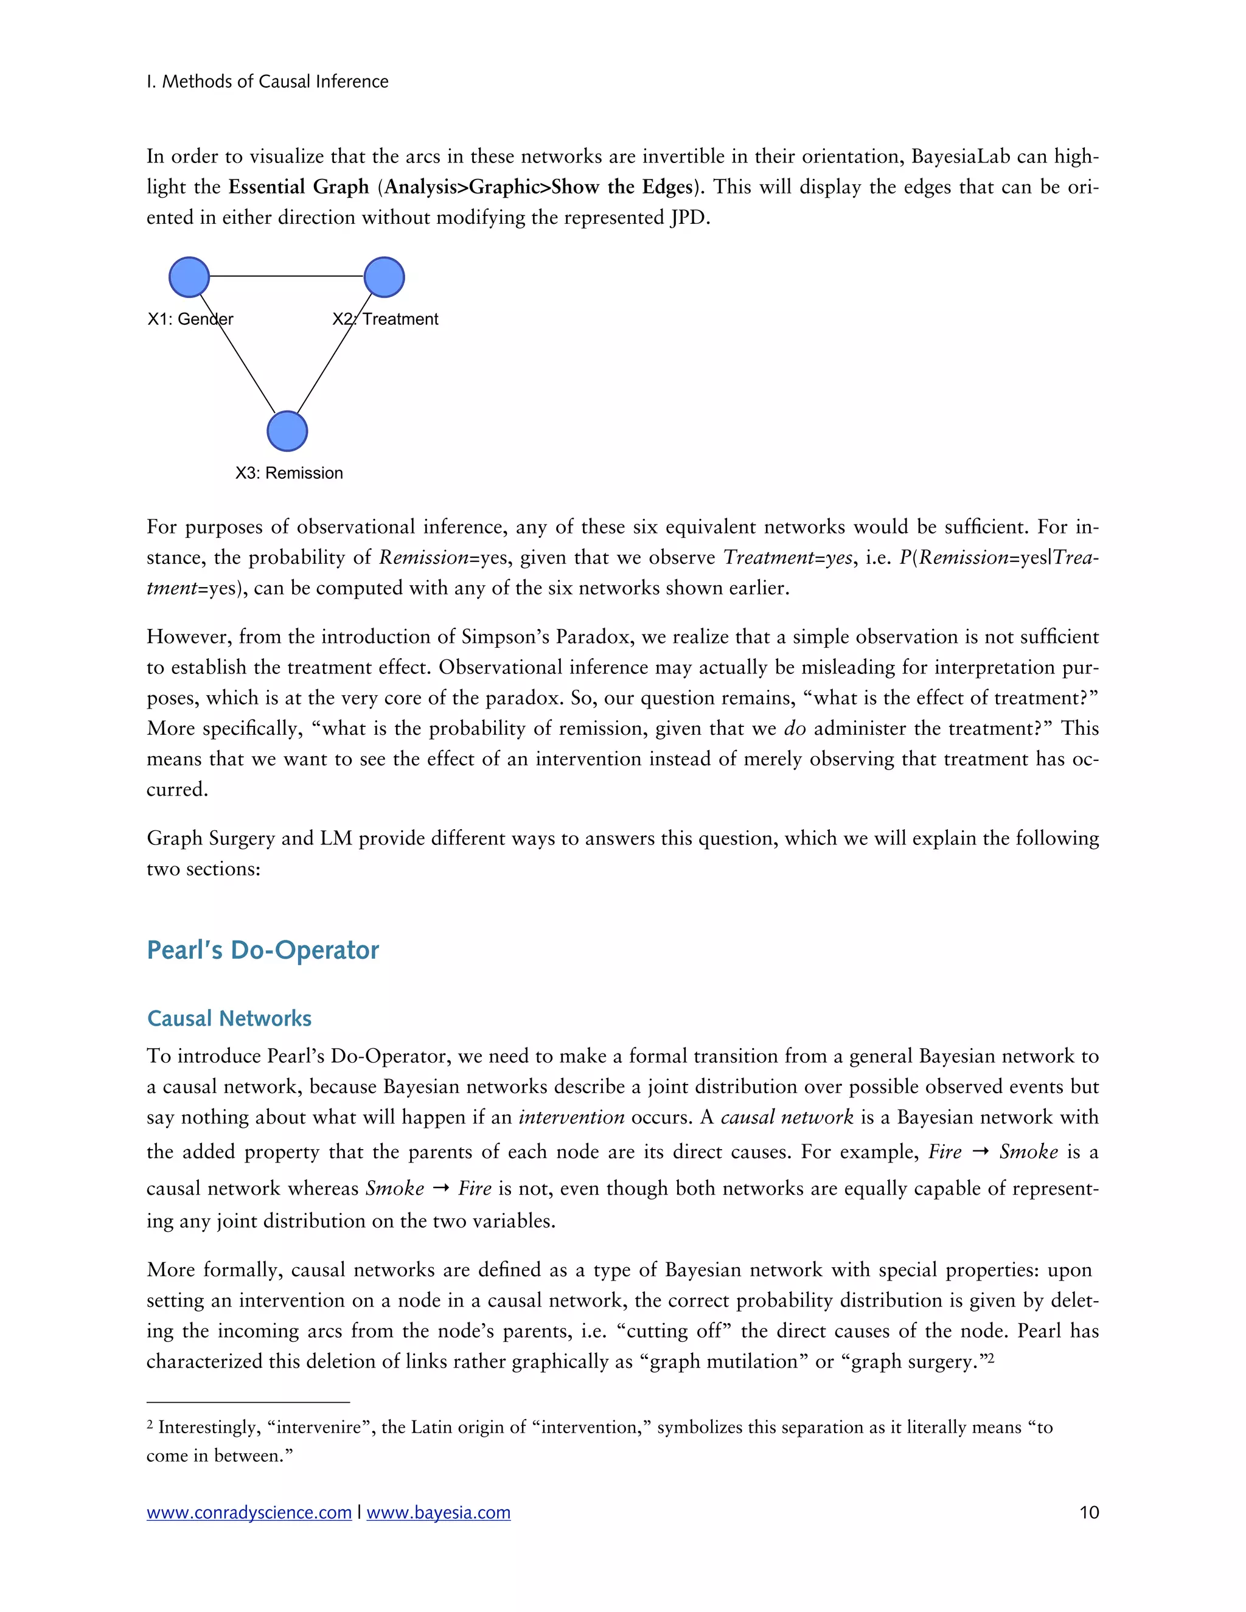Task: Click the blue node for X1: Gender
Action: point(189,277)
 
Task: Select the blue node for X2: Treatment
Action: point(384,277)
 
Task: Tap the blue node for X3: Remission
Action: point(287,431)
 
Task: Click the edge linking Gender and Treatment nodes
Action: point(287,276)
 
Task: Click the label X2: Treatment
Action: point(385,319)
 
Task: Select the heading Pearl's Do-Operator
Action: point(262,950)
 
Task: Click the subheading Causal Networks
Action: point(229,1018)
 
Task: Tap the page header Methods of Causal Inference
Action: point(267,81)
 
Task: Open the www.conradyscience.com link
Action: point(249,1512)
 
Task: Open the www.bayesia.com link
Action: point(439,1512)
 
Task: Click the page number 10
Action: point(1089,1512)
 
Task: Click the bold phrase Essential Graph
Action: point(298,187)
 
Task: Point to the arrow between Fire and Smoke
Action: point(980,1152)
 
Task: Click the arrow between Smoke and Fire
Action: point(440,1189)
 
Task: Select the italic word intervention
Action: point(571,1117)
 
